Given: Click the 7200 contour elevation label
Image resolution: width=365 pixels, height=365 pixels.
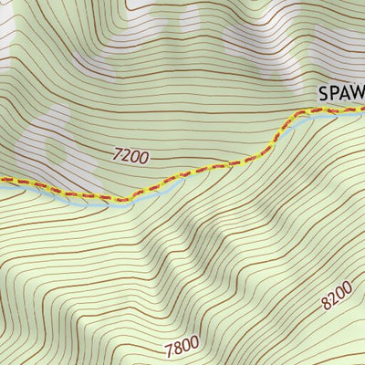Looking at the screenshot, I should (x=130, y=156).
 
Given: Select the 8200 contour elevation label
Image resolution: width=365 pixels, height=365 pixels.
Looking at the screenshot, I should (x=336, y=297).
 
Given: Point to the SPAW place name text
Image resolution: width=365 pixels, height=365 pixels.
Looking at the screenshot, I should (x=342, y=93).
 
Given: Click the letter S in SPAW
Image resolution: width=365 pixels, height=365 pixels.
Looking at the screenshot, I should (x=324, y=93).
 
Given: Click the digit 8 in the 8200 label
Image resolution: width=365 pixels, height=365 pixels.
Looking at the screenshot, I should (x=325, y=307).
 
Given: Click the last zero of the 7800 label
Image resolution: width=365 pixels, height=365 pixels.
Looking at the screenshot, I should (x=194, y=345).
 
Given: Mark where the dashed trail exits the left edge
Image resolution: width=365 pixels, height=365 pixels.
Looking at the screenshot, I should (x=2, y=180).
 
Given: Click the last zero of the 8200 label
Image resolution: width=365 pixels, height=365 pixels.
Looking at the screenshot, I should (x=346, y=288).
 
